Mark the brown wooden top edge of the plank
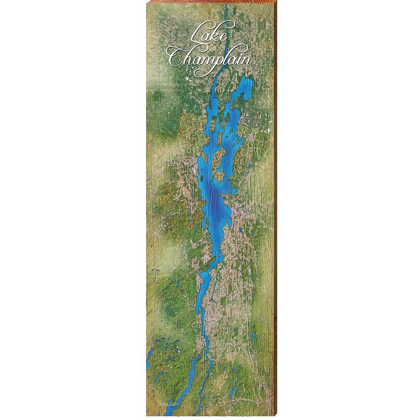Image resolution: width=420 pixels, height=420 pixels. (210, 2)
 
